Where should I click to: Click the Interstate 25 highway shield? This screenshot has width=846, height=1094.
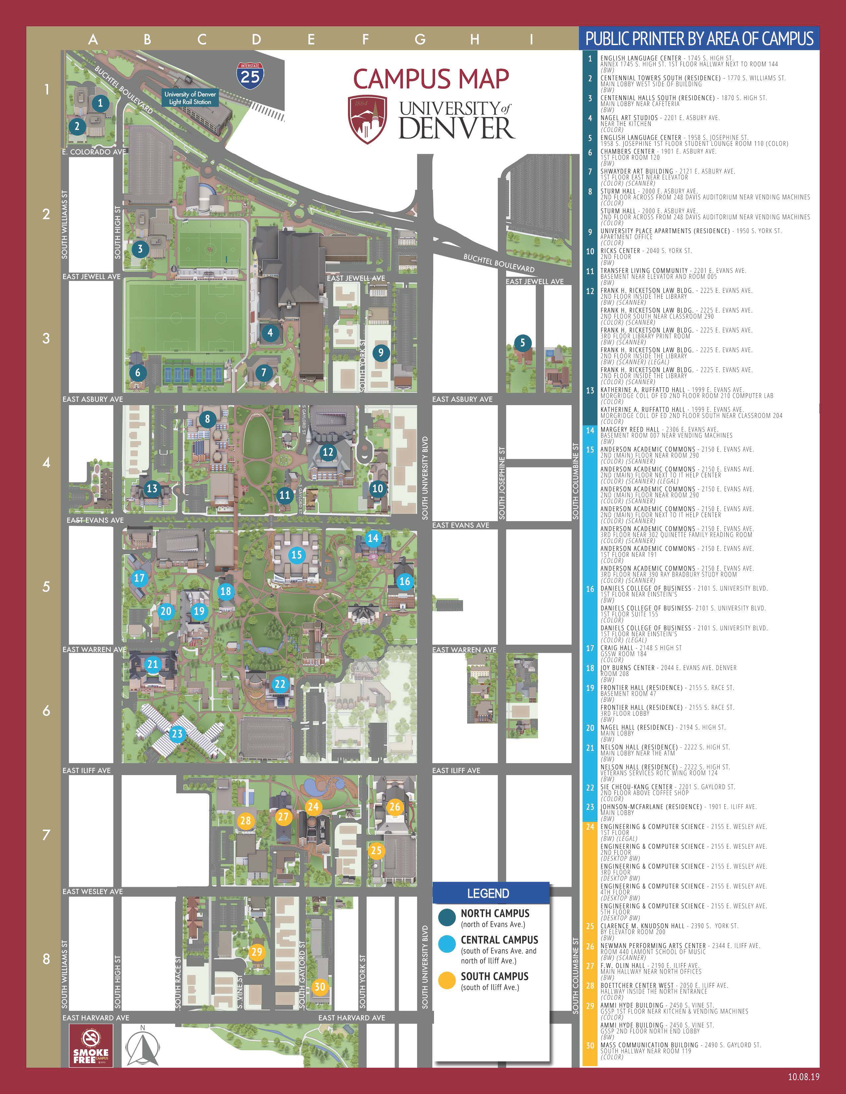coord(250,75)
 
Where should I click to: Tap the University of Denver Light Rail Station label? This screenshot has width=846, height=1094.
coord(190,98)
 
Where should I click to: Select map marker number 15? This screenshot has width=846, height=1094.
coord(297,555)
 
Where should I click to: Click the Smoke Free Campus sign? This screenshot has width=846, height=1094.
coord(91,1044)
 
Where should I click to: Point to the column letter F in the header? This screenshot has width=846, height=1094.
coord(365,39)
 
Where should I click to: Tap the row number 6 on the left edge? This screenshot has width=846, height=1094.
coord(46,710)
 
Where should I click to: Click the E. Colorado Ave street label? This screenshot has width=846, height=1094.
coord(94,152)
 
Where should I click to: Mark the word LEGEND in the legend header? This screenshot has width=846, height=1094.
coord(488,893)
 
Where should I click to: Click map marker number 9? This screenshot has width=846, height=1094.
coord(381,353)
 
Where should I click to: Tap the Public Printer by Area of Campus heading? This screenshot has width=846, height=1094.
coord(699,38)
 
